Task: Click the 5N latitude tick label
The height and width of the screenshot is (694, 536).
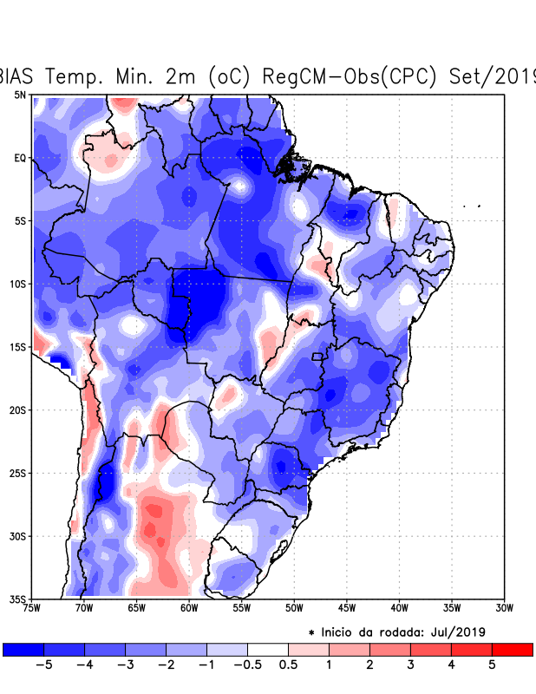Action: pyautogui.click(x=20, y=95)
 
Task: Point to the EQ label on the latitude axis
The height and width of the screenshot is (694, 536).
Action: pyautogui.click(x=20, y=158)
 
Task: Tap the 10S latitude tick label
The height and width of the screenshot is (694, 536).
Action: pyautogui.click(x=17, y=284)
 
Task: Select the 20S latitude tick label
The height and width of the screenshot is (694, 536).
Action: pyautogui.click(x=17, y=409)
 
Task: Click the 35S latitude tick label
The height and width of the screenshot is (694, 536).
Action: pyautogui.click(x=17, y=599)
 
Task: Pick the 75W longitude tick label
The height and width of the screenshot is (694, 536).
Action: pyautogui.click(x=33, y=608)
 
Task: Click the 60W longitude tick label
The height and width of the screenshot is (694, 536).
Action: pyautogui.click(x=188, y=608)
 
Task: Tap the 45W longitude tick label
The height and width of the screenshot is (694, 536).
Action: pyautogui.click(x=346, y=608)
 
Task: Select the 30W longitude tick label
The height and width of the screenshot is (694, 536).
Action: pyautogui.click(x=503, y=608)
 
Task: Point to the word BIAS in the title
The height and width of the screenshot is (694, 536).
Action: pyautogui.click(x=18, y=75)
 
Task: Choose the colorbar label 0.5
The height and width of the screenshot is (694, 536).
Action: pyautogui.click(x=288, y=665)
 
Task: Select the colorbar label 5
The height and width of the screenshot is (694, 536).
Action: pyautogui.click(x=491, y=665)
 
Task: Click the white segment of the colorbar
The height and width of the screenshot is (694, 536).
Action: pyautogui.click(x=267, y=649)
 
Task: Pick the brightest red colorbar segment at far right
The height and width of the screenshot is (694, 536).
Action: pyautogui.click(x=512, y=649)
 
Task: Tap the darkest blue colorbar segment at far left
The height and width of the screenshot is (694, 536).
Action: pyautogui.click(x=23, y=649)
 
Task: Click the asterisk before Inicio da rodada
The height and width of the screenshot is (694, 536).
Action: pyautogui.click(x=311, y=632)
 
